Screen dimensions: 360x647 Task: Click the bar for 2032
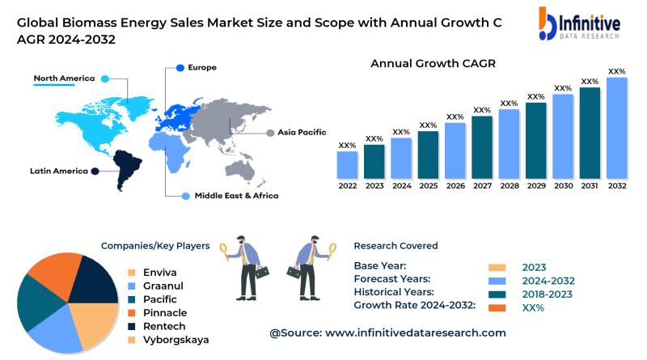(617, 128)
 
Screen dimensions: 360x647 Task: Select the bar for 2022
(347, 164)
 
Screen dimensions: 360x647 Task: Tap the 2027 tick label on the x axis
(482, 185)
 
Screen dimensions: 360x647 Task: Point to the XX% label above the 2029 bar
(535, 97)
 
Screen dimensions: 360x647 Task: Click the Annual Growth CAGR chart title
(433, 63)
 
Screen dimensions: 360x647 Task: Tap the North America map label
(64, 78)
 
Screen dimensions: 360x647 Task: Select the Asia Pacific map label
(302, 132)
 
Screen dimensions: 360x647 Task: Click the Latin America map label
(58, 171)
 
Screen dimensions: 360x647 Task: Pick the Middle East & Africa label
(236, 196)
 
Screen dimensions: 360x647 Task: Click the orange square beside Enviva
(132, 273)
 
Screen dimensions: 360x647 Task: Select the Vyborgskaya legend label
(175, 340)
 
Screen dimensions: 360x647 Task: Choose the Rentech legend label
(165, 326)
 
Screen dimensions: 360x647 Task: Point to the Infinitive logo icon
(547, 24)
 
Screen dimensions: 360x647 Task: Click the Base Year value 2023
(534, 268)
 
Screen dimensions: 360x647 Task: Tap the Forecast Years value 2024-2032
(548, 281)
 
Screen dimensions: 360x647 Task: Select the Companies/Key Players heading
(155, 246)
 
